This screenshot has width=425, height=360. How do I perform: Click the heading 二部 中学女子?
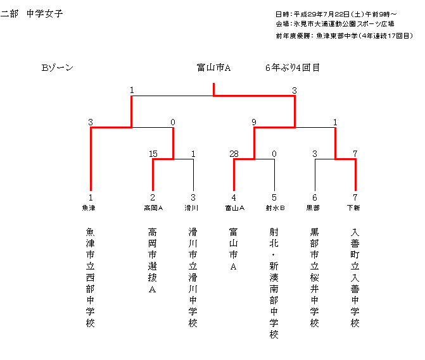click(x=32, y=13)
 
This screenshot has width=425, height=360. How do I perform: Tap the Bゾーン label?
click(x=58, y=68)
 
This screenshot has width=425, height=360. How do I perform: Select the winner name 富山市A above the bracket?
click(x=214, y=68)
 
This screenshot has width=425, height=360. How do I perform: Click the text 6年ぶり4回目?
click(x=293, y=68)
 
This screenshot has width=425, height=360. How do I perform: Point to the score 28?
click(x=234, y=154)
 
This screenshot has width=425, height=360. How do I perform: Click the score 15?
click(x=153, y=154)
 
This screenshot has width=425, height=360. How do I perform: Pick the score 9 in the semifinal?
click(x=254, y=122)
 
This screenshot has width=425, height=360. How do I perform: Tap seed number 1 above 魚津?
click(x=91, y=197)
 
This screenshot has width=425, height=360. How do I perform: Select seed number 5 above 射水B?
click(x=274, y=197)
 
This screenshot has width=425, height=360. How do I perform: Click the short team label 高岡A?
click(x=153, y=208)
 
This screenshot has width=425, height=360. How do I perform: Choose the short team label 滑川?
click(x=191, y=208)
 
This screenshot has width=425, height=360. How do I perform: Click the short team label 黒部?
click(x=313, y=208)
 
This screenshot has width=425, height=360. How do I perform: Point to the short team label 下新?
click(x=353, y=208)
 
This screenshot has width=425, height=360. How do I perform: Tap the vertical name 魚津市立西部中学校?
click(x=91, y=278)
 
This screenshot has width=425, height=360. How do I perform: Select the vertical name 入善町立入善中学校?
click(x=355, y=278)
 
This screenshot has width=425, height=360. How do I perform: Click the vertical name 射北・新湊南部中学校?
click(x=274, y=283)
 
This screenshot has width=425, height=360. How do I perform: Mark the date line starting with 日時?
click(x=336, y=14)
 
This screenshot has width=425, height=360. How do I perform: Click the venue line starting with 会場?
click(x=335, y=24)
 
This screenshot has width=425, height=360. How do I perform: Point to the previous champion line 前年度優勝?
click(x=344, y=35)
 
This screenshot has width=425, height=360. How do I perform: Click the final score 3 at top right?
click(x=295, y=90)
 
